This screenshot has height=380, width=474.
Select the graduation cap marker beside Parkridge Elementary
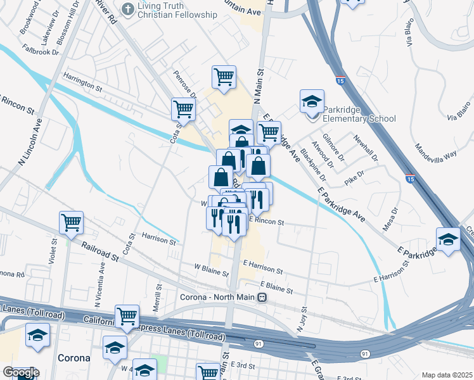tap(312, 101)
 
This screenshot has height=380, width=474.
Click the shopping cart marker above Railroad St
tap(71, 222)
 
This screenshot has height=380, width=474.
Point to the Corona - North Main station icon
tap(261, 297)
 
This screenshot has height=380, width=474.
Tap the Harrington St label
tap(82, 80)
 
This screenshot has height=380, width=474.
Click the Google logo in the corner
tap(20, 372)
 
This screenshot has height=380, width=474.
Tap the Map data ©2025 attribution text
tap(447, 375)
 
